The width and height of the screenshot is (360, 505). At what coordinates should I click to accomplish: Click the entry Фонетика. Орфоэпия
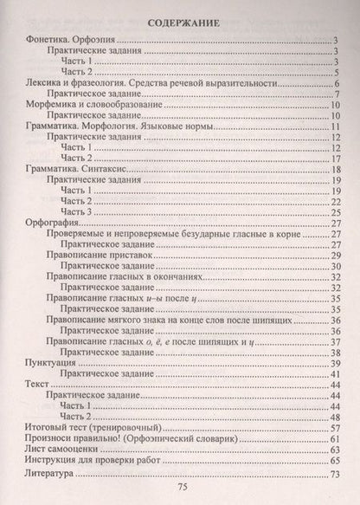click(x=66, y=41)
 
